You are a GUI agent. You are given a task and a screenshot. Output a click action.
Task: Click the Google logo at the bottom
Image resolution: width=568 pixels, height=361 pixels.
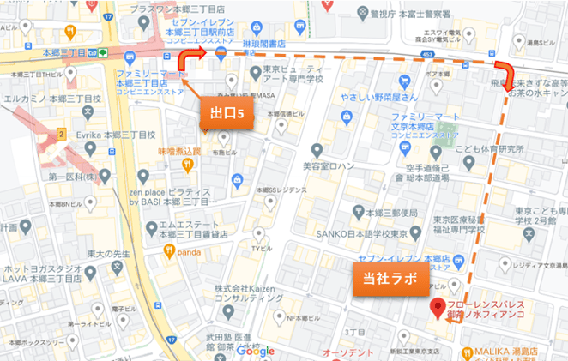pyautogui.click(x=255, y=351)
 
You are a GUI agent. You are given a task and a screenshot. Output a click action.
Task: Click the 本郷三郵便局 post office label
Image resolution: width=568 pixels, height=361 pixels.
pyautogui.click(x=391, y=213)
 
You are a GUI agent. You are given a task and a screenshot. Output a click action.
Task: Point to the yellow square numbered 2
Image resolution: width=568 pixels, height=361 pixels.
pyautogui.click(x=62, y=134)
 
